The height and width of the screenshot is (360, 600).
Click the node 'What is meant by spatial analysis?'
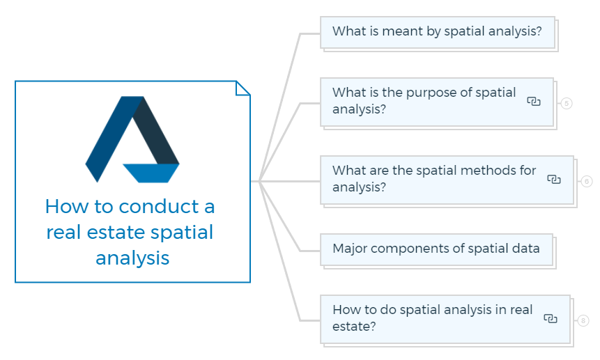click(438, 32)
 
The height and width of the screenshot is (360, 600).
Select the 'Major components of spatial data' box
click(437, 249)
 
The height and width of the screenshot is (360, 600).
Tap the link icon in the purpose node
click(534, 101)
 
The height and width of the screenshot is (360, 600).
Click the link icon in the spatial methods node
click(554, 179)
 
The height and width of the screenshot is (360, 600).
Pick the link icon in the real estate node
click(551, 318)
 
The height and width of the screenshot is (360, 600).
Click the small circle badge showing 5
click(567, 103)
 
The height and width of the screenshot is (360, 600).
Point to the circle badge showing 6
click(587, 181)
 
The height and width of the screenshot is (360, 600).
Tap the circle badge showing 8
click(583, 320)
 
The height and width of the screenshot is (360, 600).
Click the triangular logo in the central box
click(132, 139)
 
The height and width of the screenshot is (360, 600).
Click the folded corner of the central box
click(243, 88)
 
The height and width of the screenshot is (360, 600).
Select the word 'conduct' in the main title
click(159, 207)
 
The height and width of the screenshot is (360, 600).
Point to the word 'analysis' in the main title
click(132, 259)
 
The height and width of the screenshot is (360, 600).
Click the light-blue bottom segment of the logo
click(151, 173)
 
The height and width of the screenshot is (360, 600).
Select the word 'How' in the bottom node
click(344, 310)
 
